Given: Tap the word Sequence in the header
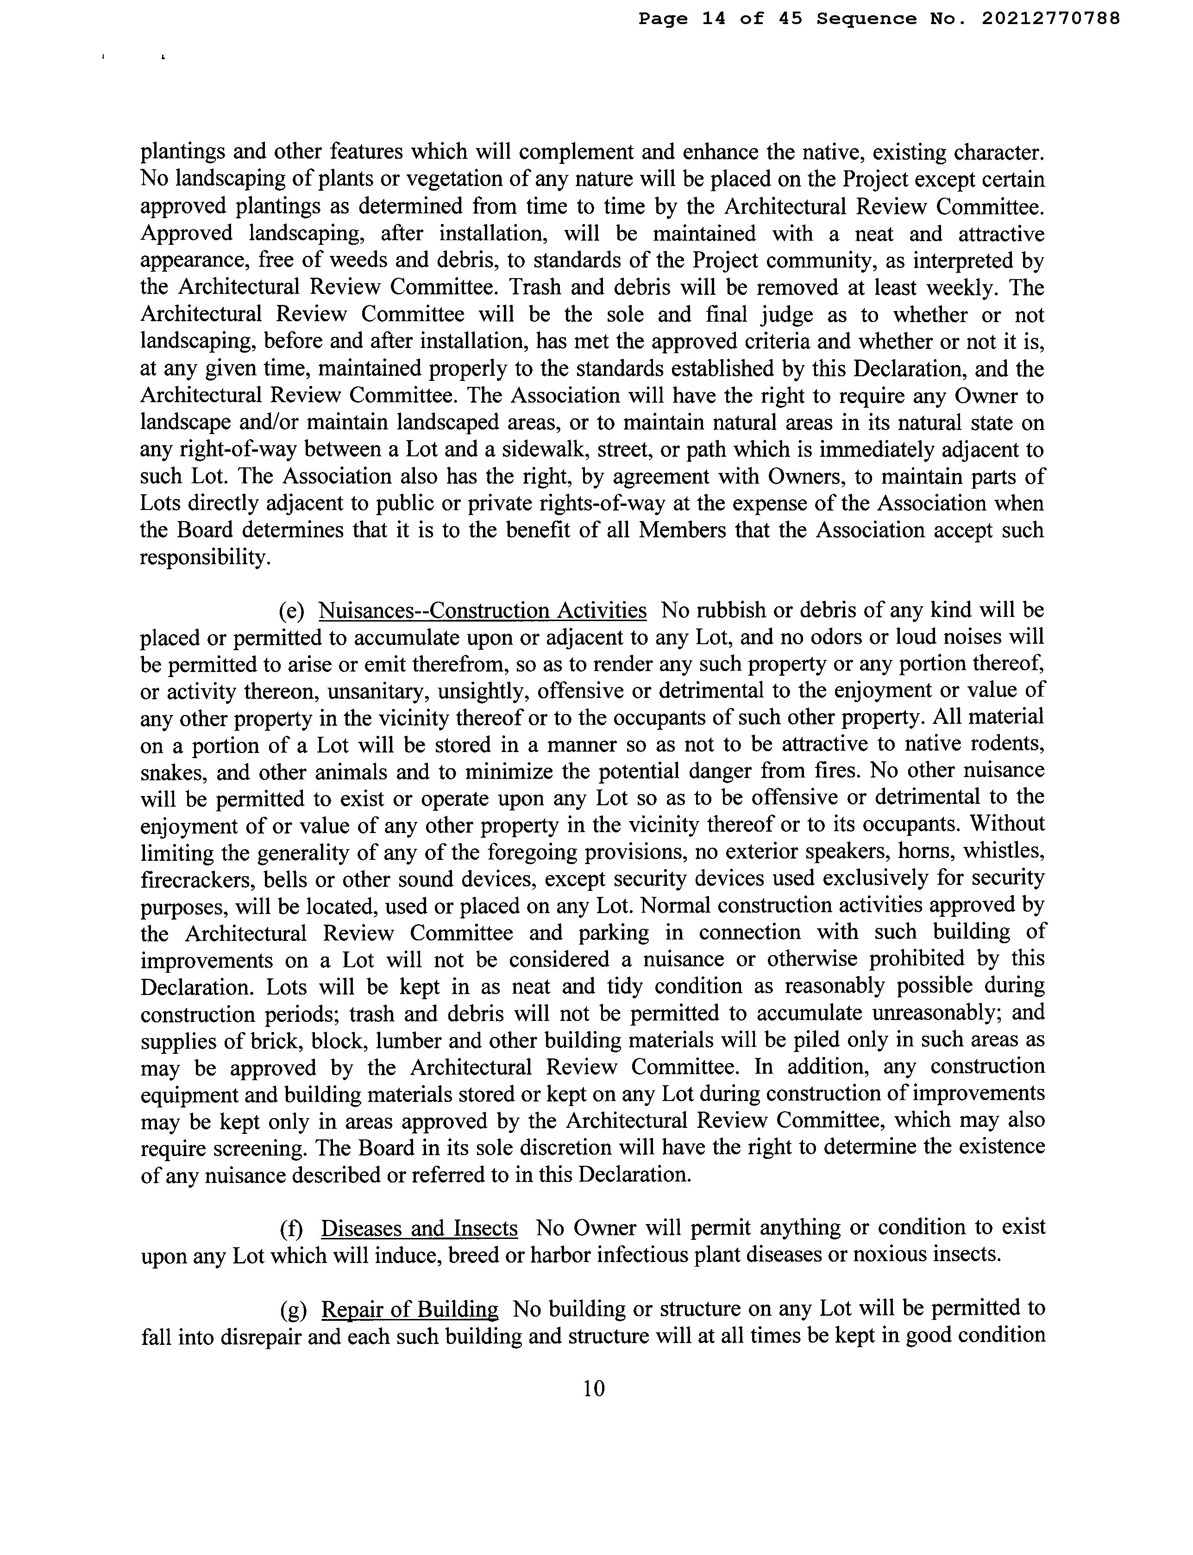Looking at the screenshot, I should click(866, 19).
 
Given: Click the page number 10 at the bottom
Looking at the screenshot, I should click(594, 1388).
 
